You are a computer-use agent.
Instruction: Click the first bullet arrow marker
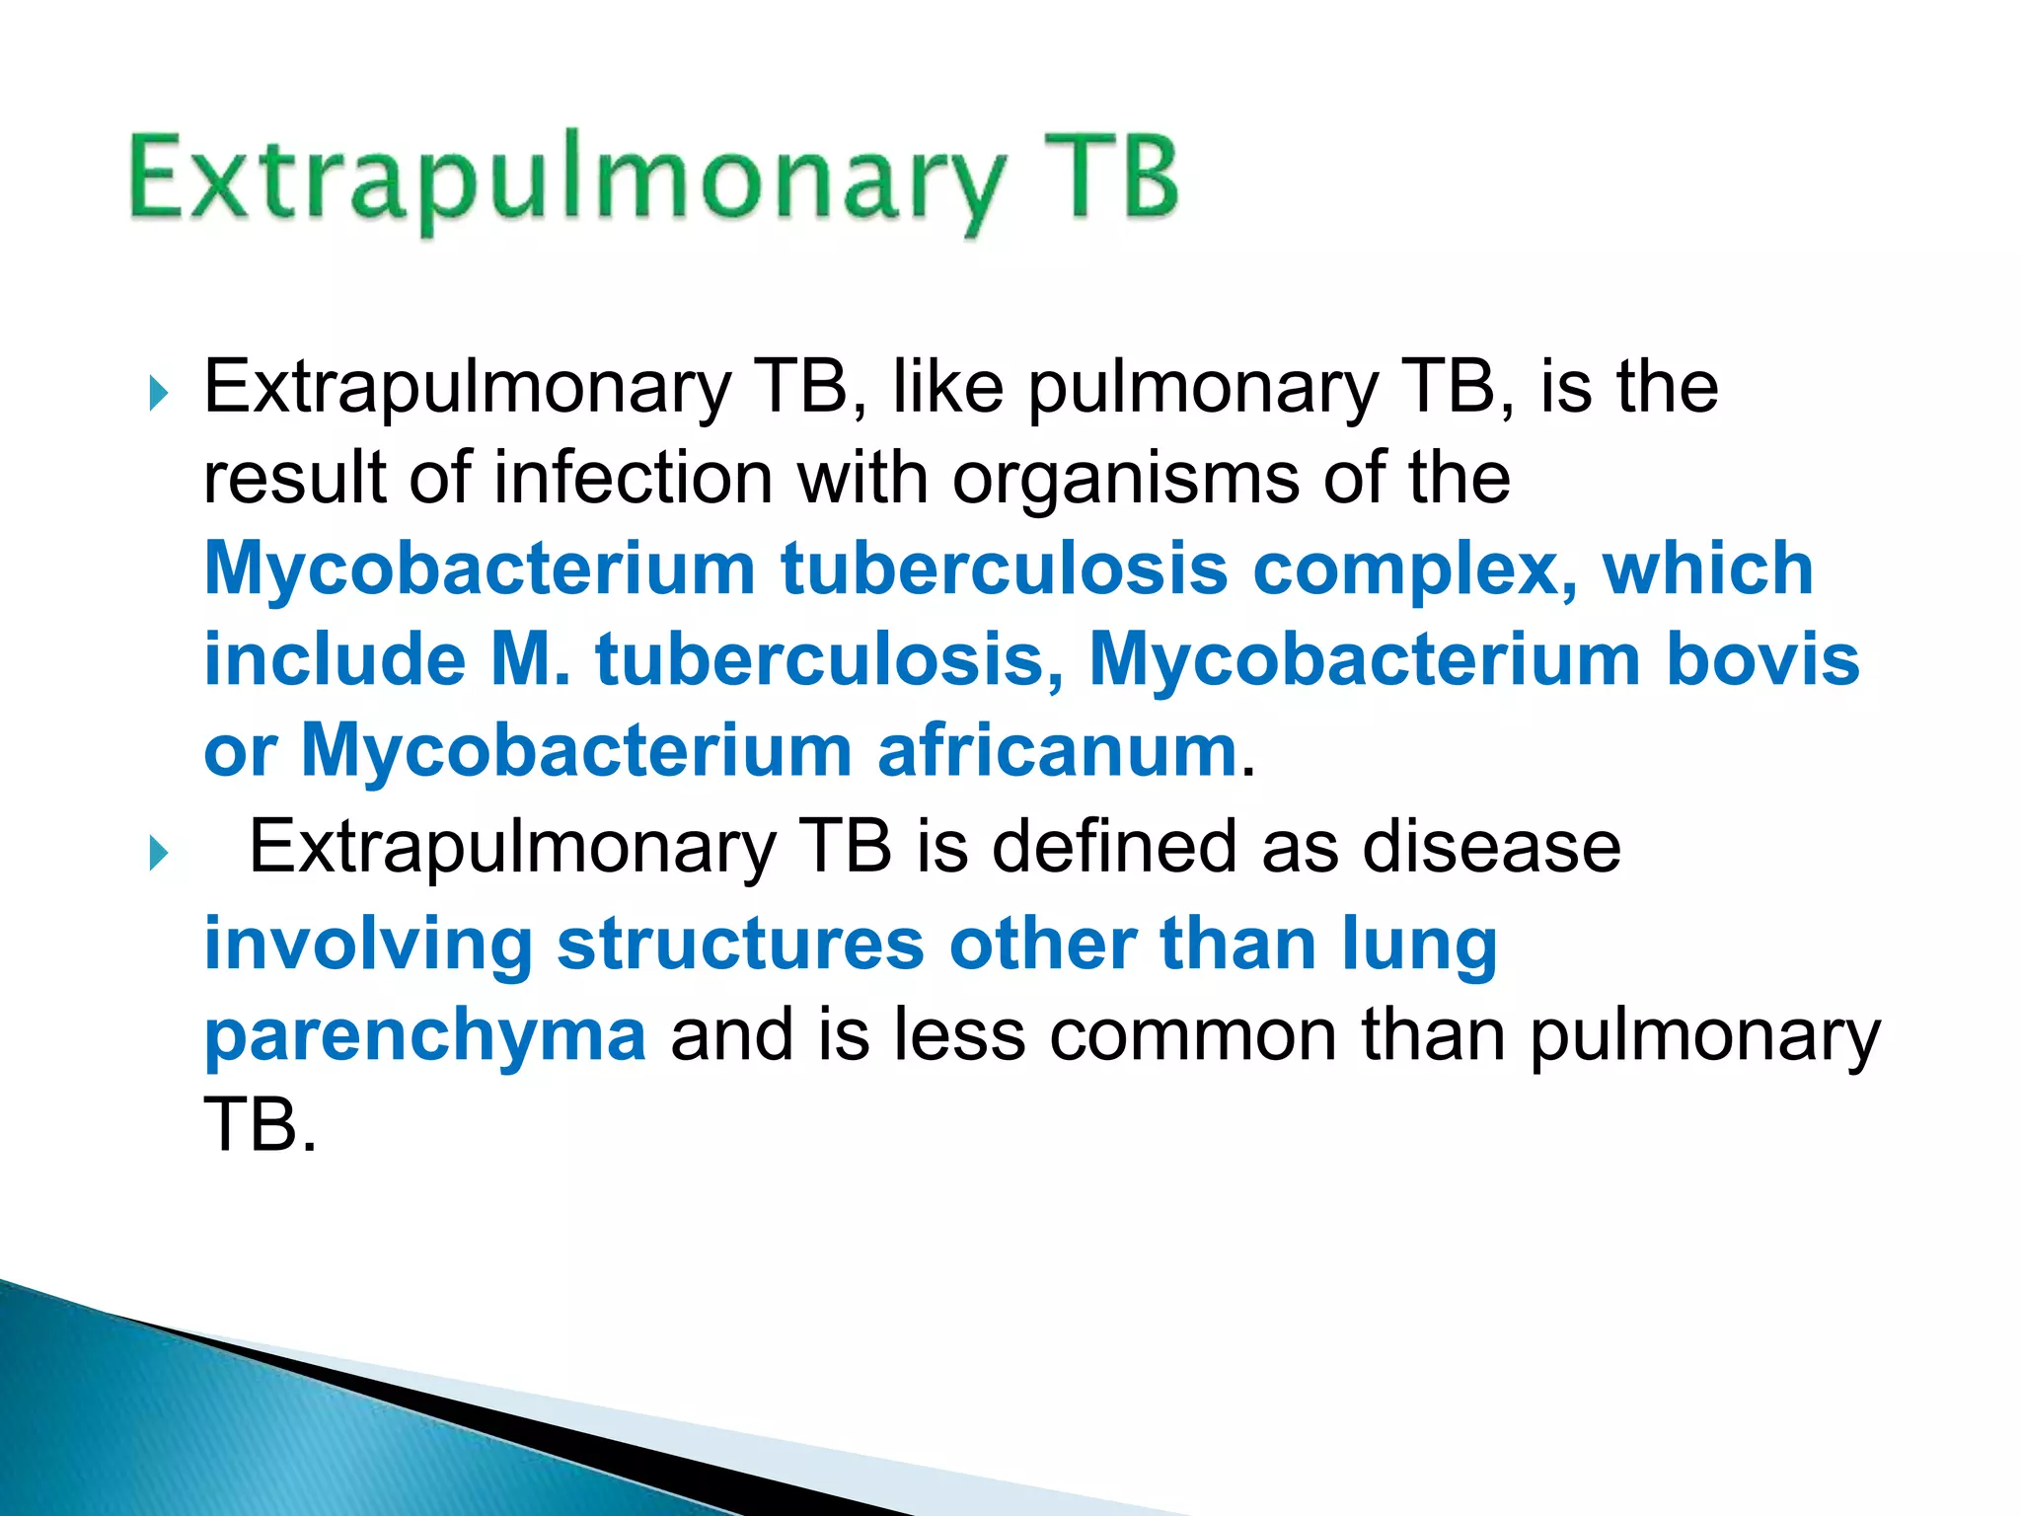coord(158,394)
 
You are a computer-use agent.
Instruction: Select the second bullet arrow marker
coord(158,853)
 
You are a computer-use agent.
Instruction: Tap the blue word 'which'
coord(1708,569)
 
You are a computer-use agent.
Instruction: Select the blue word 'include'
coord(335,660)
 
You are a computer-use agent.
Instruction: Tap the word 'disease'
coord(1491,848)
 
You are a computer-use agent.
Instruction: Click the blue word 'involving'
coord(368,946)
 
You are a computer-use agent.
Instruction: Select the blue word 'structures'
coord(740,946)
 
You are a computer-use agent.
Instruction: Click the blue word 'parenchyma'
coord(425,1037)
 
